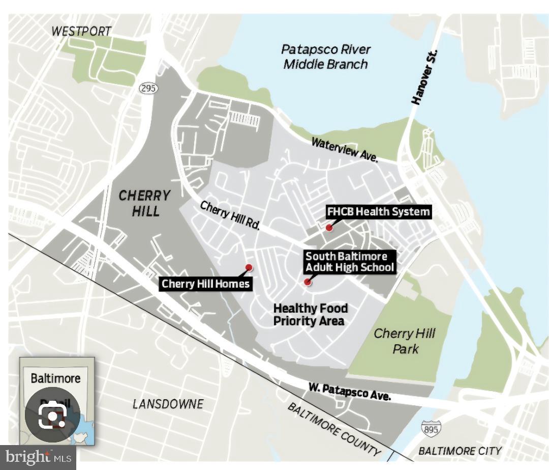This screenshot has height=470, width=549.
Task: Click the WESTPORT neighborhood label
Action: click(81, 31)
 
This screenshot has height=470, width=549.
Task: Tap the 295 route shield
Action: click(148, 88)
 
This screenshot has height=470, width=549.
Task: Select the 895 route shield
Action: click(431, 428)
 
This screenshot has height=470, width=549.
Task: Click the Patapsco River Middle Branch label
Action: click(326, 57)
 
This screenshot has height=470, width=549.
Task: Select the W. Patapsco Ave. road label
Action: click(349, 391)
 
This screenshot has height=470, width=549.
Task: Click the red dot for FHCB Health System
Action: click(329, 228)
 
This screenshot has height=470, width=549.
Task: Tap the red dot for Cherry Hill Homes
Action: click(249, 267)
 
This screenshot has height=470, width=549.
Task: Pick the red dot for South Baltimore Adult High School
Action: click(307, 282)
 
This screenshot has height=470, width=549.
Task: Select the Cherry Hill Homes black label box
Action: click(206, 284)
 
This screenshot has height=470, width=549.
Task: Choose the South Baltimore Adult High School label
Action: click(349, 261)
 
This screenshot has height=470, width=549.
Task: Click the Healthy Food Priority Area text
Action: click(310, 314)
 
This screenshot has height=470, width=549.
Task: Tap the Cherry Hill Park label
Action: click(405, 341)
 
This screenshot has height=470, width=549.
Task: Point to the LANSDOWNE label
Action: click(168, 404)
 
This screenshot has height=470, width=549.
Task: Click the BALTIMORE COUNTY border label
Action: click(333, 429)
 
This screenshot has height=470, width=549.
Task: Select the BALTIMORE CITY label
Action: click(460, 451)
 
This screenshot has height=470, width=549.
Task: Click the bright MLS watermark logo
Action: click(38, 457)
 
